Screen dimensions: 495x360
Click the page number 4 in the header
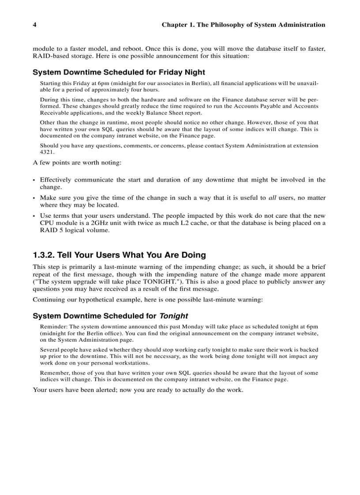point(34,25)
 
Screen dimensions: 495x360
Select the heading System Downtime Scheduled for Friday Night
point(119,72)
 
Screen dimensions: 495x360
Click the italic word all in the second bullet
point(272,198)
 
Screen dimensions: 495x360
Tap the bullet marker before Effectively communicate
point(34,180)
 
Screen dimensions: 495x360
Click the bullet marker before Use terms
point(34,216)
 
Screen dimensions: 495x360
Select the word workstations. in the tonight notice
point(129,363)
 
